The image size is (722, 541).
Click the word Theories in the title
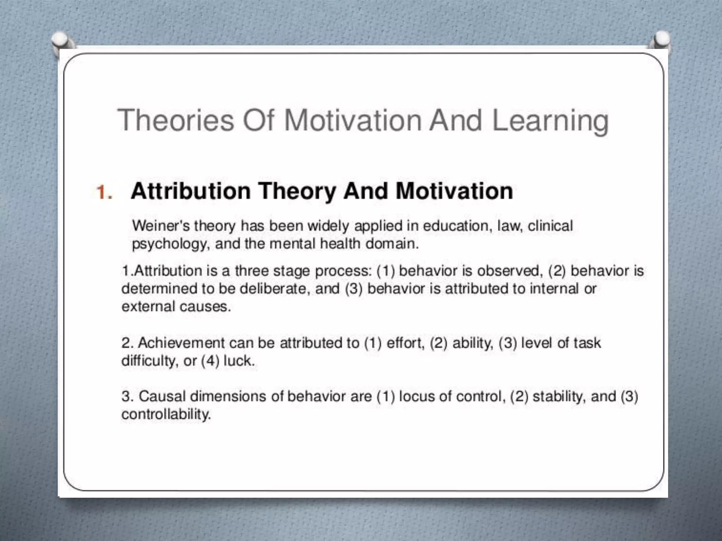(x=176, y=120)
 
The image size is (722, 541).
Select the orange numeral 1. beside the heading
(x=104, y=193)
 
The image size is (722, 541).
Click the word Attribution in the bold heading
(x=190, y=191)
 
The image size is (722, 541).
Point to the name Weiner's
(x=161, y=226)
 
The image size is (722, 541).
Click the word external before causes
(x=148, y=306)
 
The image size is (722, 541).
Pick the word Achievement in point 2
(x=181, y=343)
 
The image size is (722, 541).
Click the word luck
(x=239, y=361)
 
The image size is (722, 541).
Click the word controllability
(x=166, y=415)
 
